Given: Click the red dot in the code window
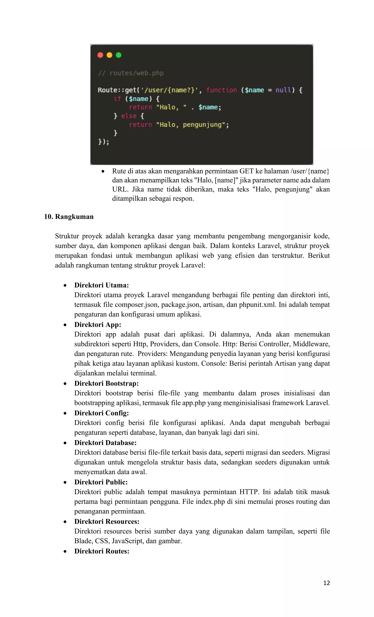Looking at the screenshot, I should (100, 55).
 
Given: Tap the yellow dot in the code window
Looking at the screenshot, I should (110, 55).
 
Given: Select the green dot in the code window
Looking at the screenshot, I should (119, 55).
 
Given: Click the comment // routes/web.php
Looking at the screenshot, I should (131, 73).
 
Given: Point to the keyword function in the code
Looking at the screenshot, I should (222, 90).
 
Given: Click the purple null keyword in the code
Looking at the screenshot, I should (283, 90).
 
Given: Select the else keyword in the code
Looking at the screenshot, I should (129, 116).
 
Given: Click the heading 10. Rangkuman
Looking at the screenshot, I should (69, 217).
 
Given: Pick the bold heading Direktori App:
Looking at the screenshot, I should (98, 325).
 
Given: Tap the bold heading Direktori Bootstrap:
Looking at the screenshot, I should (106, 383).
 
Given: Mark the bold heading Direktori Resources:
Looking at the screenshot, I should (107, 521).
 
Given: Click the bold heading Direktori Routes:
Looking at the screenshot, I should (102, 551).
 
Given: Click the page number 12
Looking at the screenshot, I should (327, 583).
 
